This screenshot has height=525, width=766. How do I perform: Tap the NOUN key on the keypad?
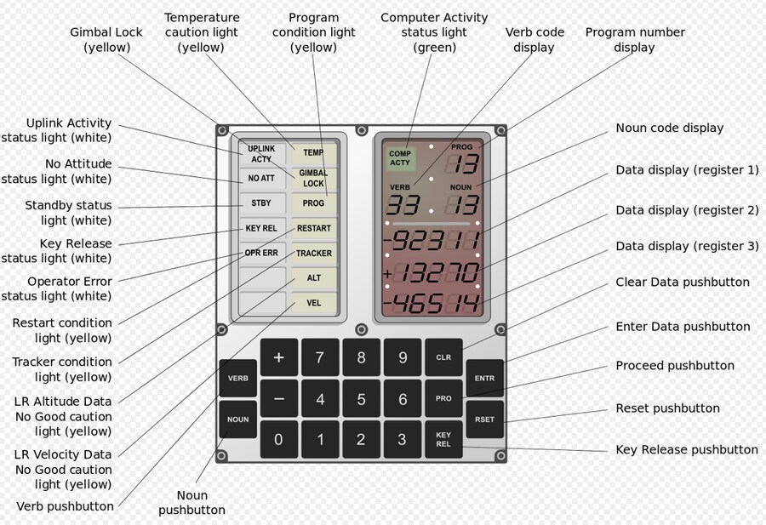(238, 419)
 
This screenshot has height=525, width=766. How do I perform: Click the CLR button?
(443, 357)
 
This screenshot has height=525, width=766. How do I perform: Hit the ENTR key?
(484, 378)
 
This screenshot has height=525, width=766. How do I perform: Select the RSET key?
(484, 419)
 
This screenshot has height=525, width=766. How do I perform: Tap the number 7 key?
(320, 357)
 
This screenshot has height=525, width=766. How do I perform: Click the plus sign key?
(279, 357)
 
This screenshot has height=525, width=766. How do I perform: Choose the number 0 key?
(279, 440)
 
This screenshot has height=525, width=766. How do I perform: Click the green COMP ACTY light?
(400, 158)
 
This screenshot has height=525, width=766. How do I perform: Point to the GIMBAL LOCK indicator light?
(313, 178)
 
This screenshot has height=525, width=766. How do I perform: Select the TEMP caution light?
(313, 153)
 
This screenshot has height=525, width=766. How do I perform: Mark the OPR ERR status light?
(262, 253)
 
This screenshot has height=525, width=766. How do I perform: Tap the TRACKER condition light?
(313, 253)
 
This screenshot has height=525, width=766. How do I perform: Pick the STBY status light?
(262, 203)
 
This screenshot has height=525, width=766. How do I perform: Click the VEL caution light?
(313, 303)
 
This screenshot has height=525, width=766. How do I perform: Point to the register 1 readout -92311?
(432, 240)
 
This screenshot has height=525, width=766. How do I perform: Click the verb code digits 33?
(403, 204)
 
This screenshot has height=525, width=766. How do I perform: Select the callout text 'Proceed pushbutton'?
(675, 365)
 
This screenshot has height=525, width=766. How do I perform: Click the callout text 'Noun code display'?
(669, 128)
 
